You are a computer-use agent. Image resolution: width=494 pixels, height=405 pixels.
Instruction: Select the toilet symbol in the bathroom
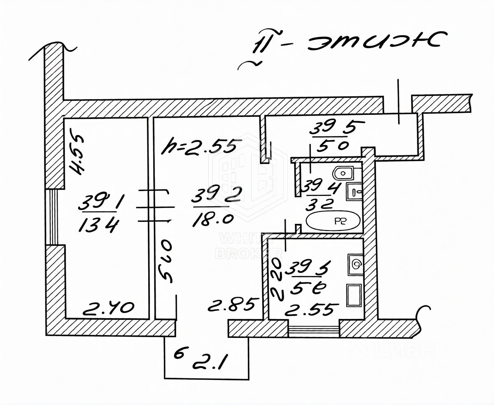(343, 173)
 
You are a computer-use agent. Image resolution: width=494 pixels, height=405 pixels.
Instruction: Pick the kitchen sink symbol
(355, 263)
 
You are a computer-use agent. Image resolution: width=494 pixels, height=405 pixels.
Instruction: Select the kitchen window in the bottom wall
(314, 330)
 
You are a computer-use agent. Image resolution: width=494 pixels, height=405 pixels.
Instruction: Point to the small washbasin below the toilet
(354, 191)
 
